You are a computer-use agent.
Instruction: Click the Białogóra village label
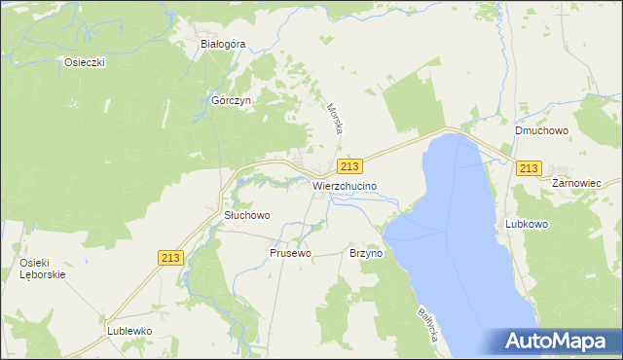[x=222, y=44]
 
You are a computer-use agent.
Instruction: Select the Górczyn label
[x=232, y=100]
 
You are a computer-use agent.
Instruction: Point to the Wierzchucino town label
[x=345, y=185]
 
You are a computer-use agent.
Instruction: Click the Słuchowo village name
[x=246, y=215]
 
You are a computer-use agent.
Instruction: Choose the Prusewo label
[x=290, y=253]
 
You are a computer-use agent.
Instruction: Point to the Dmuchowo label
[x=542, y=129]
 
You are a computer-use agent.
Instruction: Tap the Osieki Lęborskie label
[x=42, y=269]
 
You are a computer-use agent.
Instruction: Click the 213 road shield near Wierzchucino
[x=351, y=167]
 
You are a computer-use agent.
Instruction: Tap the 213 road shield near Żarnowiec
[x=529, y=168]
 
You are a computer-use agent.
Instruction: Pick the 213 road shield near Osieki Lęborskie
[x=170, y=257]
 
